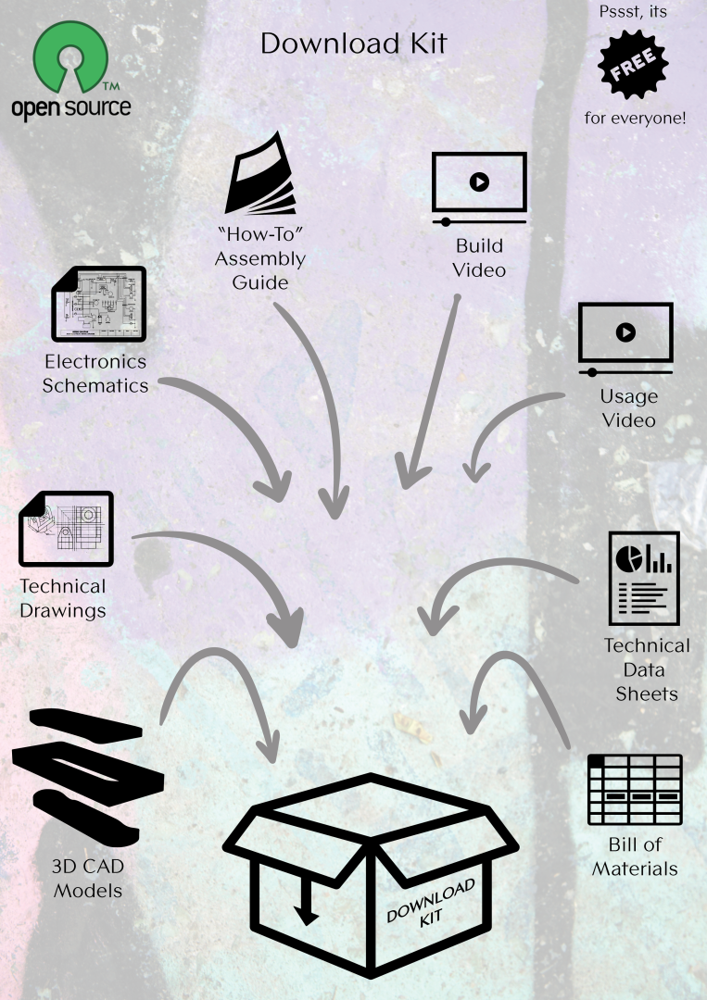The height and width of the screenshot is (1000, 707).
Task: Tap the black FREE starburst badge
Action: point(635,66)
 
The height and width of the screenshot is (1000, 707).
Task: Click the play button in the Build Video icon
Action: point(479,181)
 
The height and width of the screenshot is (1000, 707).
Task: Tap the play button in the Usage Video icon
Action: point(625,331)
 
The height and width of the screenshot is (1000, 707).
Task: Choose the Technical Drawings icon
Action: point(66,527)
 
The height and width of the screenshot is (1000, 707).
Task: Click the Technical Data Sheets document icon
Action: point(643,579)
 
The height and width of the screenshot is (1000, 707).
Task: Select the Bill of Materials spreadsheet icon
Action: point(637,790)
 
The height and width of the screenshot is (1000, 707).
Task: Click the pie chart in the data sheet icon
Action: point(631,558)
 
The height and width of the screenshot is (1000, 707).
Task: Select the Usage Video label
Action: point(629,408)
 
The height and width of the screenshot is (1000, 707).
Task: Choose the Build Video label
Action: point(480,258)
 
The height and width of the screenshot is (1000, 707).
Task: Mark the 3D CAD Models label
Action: point(88,880)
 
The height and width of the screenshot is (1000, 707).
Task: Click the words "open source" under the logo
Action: point(70,106)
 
